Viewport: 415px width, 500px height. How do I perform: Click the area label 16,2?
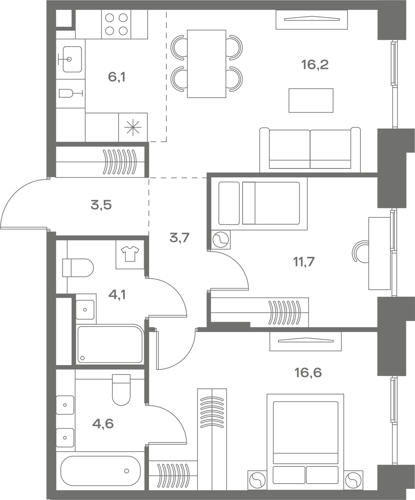tap(315, 65)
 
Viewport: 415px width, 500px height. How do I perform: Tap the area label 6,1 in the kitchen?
tap(117, 77)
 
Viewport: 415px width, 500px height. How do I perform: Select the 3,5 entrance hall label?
tap(101, 205)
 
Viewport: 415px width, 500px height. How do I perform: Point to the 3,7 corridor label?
tap(179, 238)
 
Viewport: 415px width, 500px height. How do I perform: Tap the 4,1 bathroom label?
tap(117, 295)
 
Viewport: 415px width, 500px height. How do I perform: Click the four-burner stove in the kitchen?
tap(116, 24)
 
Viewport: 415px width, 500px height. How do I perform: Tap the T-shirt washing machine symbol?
tap(130, 254)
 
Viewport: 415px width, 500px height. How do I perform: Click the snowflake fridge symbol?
tap(133, 127)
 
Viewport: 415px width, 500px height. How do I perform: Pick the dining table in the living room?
tap(206, 64)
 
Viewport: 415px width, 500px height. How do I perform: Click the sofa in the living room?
tap(310, 150)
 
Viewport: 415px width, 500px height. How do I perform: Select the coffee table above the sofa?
tap(311, 100)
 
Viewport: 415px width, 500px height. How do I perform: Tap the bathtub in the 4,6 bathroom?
tap(100, 471)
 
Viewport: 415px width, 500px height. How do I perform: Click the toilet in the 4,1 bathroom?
tap(78, 268)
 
